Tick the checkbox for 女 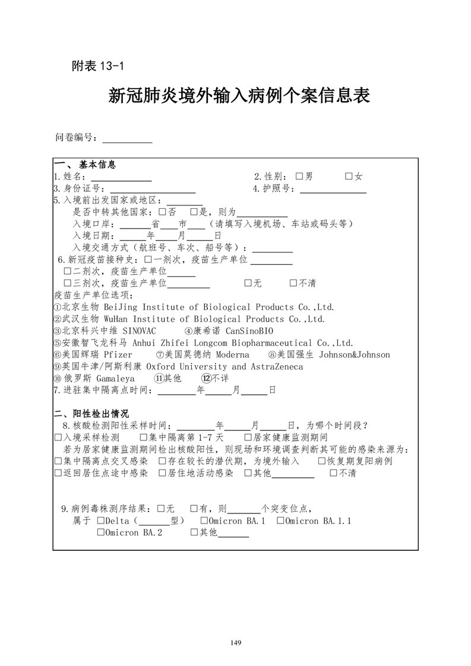[x=349, y=176]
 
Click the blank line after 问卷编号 [x=127, y=139]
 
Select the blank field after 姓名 [x=121, y=176]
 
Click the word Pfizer [x=118, y=355]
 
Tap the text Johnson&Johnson [x=355, y=355]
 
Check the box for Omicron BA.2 [x=100, y=533]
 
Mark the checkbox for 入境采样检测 [x=58, y=437]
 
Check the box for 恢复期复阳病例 [x=322, y=461]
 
